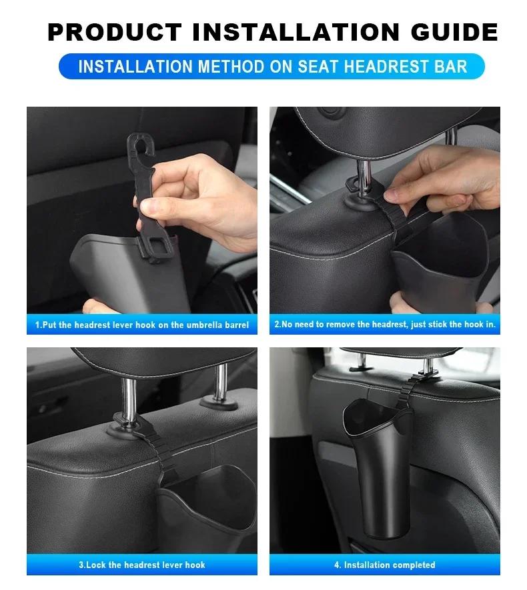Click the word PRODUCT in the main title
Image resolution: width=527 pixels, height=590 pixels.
tap(114, 31)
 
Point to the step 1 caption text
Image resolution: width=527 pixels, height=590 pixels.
tap(141, 325)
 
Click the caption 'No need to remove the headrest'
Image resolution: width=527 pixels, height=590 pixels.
tap(385, 325)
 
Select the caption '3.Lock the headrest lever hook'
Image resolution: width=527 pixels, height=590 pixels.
tap(141, 565)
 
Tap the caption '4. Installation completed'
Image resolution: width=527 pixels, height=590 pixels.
tap(385, 565)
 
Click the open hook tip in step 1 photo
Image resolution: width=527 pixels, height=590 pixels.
tap(136, 144)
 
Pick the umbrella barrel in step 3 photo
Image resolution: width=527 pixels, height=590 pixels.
tap(207, 507)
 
